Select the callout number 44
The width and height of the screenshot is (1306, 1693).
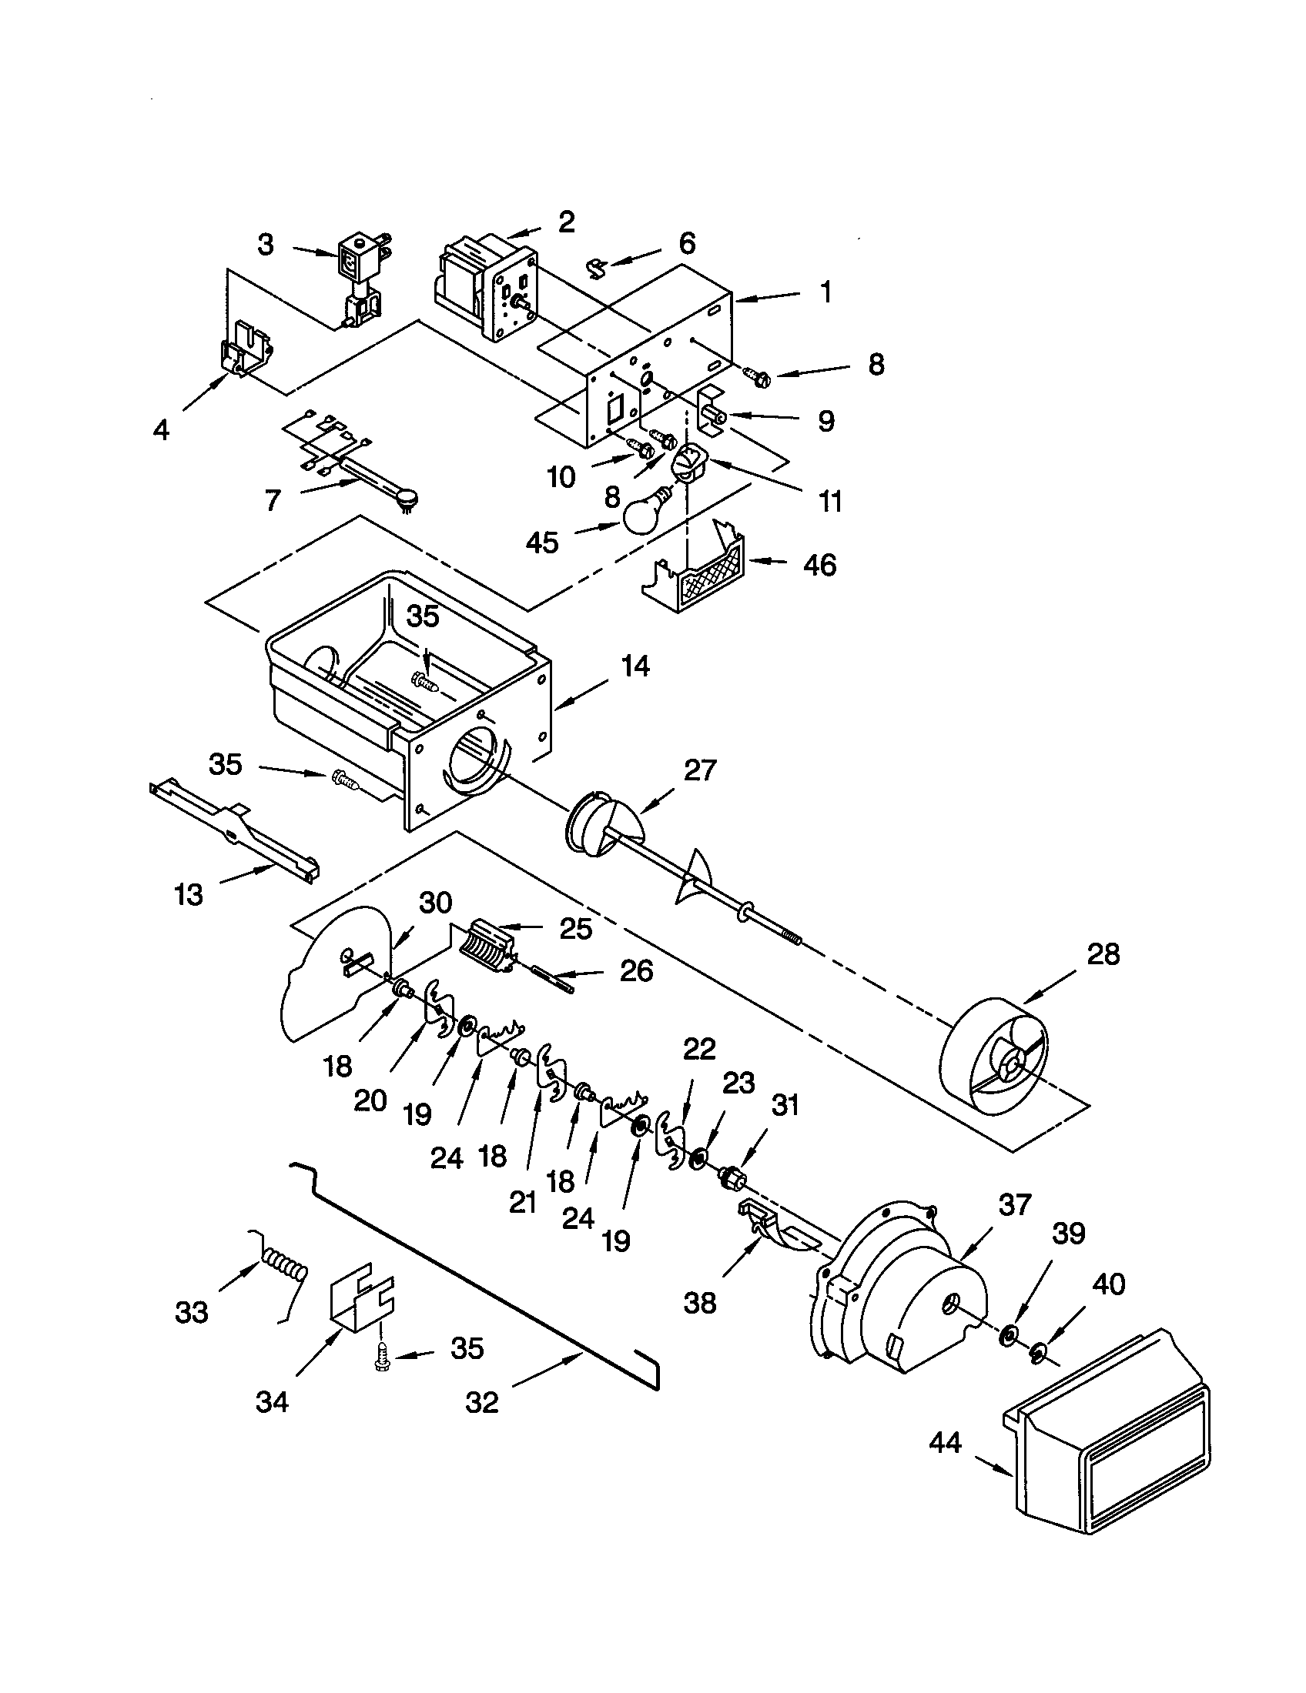pyautogui.click(x=945, y=1443)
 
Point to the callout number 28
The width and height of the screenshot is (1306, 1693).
pyautogui.click(x=1103, y=954)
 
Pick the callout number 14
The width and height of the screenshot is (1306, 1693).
pyautogui.click(x=635, y=666)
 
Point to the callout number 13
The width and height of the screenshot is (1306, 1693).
pyautogui.click(x=189, y=894)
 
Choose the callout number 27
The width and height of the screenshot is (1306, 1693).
pyautogui.click(x=698, y=770)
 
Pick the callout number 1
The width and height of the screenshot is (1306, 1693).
pyautogui.click(x=826, y=292)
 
